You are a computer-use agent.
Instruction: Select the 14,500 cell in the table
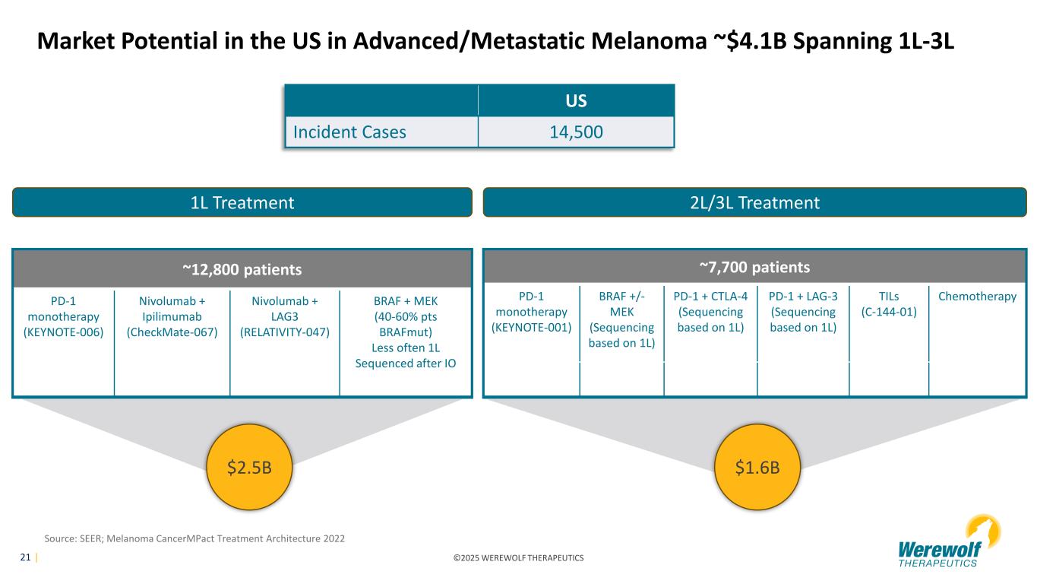point(576,132)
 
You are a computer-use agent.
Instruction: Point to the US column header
point(576,101)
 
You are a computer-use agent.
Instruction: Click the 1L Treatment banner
point(242,202)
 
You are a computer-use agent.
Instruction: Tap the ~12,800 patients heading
point(242,269)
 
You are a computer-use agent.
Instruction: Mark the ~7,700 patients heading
point(754,267)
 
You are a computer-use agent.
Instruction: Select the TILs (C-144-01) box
point(889,304)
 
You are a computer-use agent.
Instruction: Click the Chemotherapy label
point(977,297)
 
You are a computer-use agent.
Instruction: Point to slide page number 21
point(25,557)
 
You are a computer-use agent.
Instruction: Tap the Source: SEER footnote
point(194,538)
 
